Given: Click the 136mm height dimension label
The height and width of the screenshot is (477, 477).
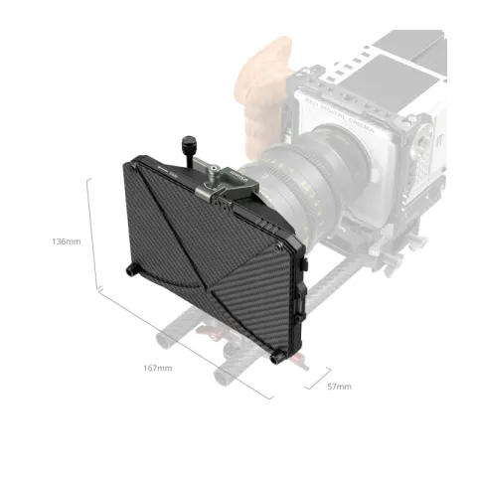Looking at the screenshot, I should tap(68, 241).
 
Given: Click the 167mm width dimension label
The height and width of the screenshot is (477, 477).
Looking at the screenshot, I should tap(159, 369).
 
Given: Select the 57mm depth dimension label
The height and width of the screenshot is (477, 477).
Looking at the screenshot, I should tap(338, 386).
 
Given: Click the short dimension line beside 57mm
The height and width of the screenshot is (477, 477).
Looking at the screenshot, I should tap(316, 382).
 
